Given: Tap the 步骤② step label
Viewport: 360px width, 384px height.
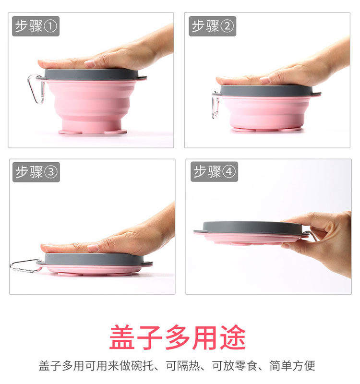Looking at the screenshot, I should (x=213, y=26).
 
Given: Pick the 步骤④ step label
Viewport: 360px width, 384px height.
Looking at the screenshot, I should (x=214, y=172).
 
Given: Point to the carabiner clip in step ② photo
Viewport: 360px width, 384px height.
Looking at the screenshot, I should (x=216, y=105).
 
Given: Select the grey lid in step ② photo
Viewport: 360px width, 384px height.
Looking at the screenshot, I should (x=269, y=90).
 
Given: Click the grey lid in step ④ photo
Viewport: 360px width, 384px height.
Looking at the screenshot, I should (x=245, y=227).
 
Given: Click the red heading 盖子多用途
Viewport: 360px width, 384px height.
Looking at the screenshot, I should (x=177, y=337).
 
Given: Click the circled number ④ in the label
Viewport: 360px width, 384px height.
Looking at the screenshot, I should (x=229, y=172).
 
